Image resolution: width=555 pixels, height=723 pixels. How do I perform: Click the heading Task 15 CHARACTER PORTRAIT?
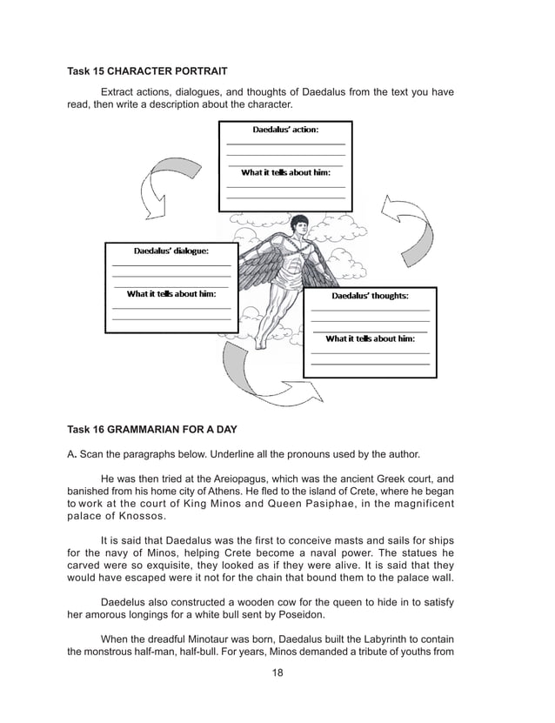pyautogui.click(x=148, y=69)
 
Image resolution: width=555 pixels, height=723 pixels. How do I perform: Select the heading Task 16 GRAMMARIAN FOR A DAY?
pyautogui.click(x=151, y=429)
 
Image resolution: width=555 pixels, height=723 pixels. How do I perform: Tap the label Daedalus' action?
pyautogui.click(x=284, y=130)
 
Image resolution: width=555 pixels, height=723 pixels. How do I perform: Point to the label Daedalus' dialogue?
pyautogui.click(x=171, y=251)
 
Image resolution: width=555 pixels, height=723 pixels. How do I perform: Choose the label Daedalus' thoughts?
pyautogui.click(x=370, y=296)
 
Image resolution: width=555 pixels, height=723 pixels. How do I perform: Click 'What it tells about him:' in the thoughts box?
pyautogui.click(x=370, y=338)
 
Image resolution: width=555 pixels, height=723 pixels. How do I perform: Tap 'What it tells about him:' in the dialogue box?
pyautogui.click(x=171, y=293)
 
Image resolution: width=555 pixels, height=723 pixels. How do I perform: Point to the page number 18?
pyautogui.click(x=277, y=673)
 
